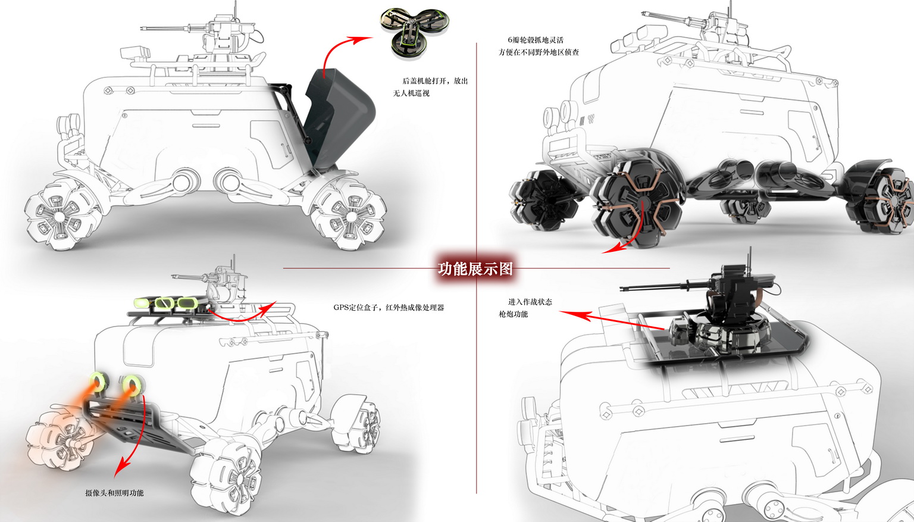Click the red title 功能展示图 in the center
[475, 269]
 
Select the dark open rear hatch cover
[339, 119]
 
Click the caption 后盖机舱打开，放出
[435, 81]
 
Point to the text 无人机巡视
[411, 93]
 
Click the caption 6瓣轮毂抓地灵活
[535, 40]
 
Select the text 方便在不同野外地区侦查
[539, 52]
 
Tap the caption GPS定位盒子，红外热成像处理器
[389, 308]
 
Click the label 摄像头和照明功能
[114, 493]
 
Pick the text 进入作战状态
[530, 302]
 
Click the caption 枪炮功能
[513, 314]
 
